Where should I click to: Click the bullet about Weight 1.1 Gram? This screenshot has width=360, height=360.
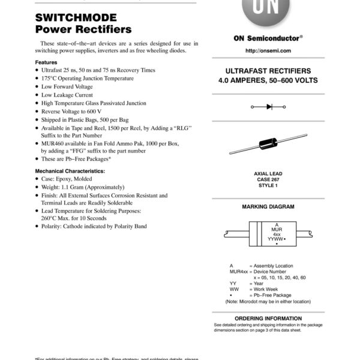(83, 187)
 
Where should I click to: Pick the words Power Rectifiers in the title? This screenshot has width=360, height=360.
(83, 29)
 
